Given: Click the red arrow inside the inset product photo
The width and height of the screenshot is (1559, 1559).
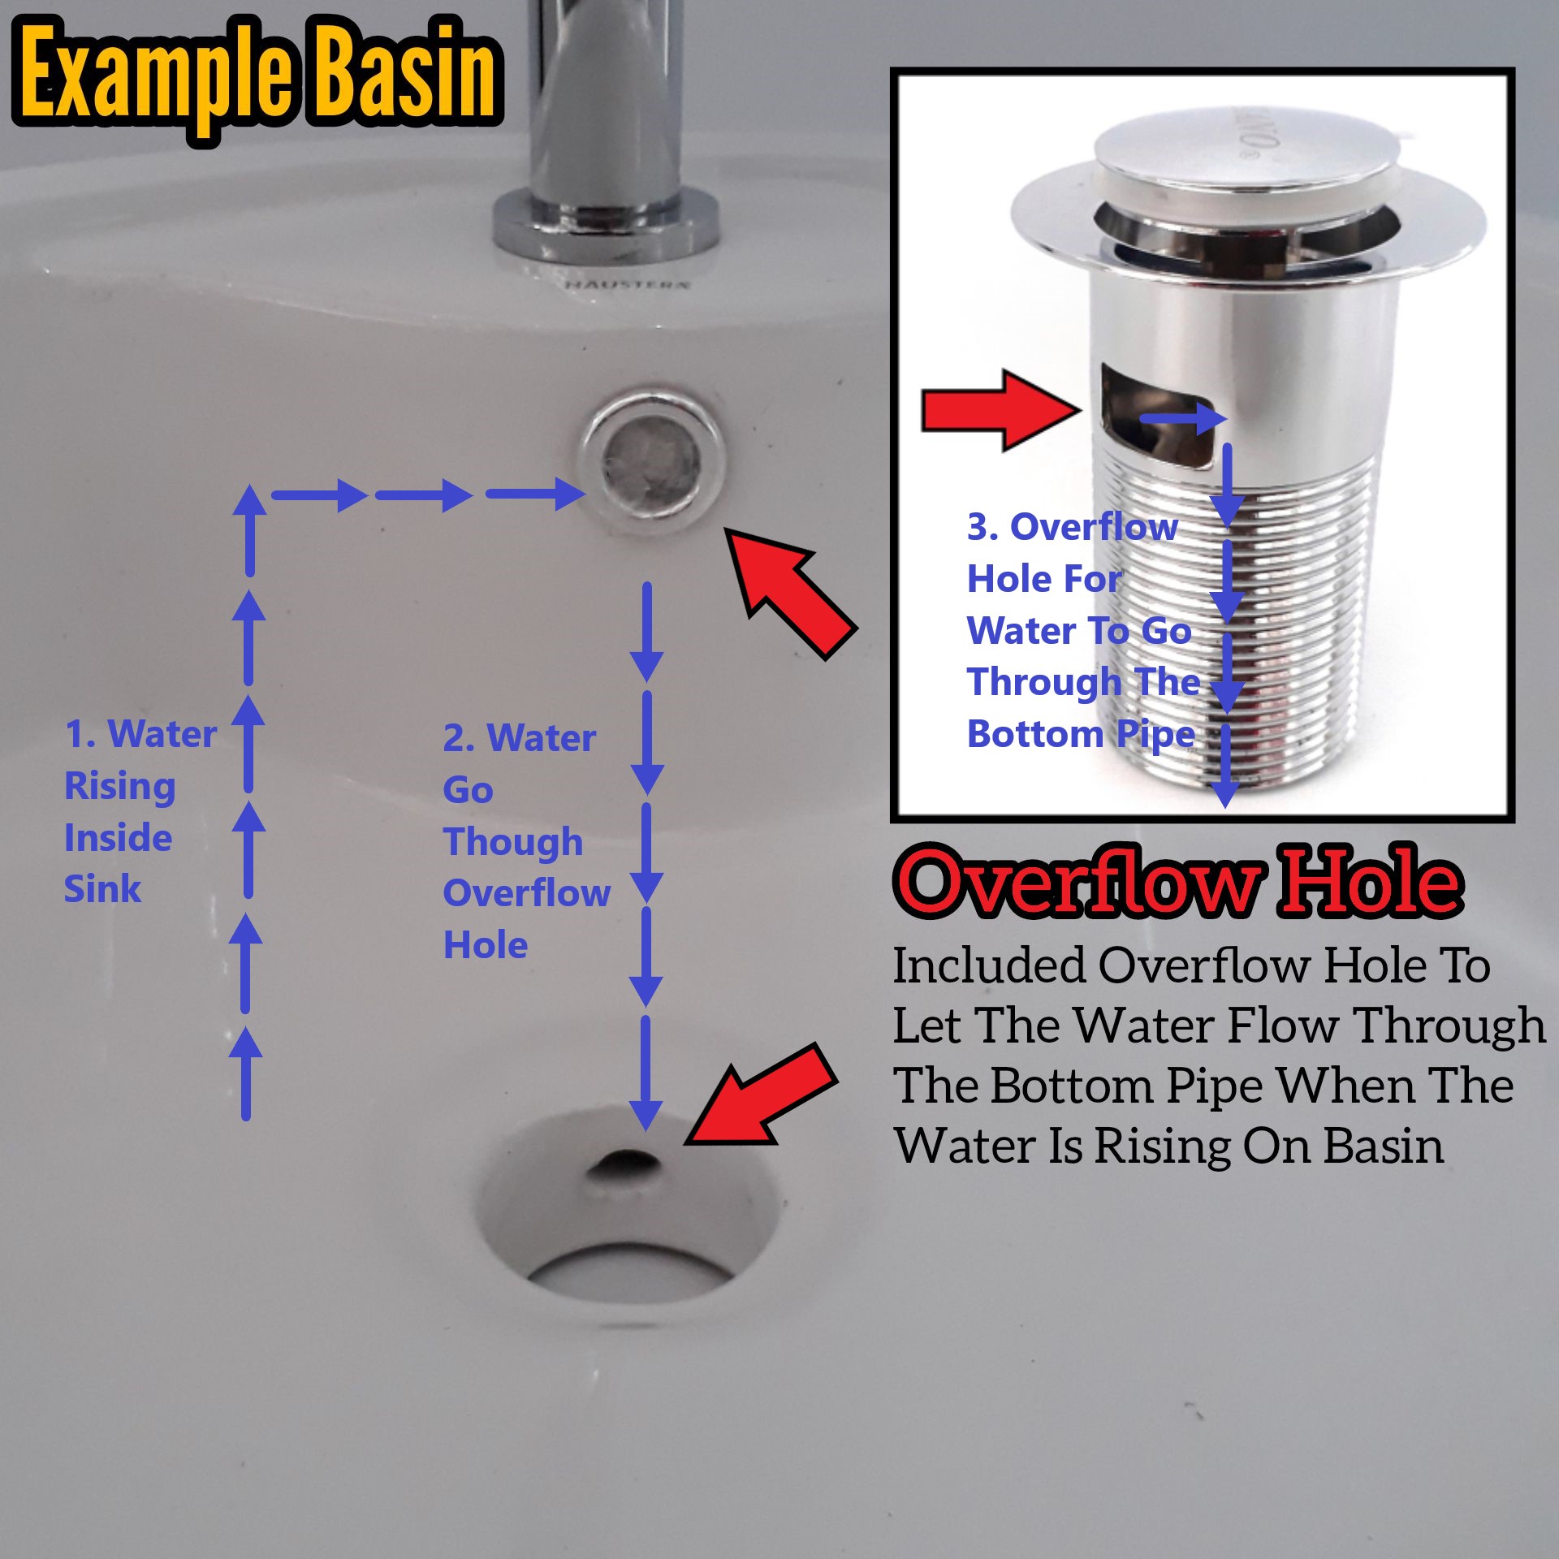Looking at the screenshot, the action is point(1002,409).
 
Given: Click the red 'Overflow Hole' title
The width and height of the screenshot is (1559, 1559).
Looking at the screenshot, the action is point(1179,882).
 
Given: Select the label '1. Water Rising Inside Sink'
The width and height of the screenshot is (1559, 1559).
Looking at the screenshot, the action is point(140,810).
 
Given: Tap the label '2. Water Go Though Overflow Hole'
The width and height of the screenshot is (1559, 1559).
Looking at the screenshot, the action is point(526,841).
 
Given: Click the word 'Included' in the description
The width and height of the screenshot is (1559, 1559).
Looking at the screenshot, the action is point(989,965).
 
